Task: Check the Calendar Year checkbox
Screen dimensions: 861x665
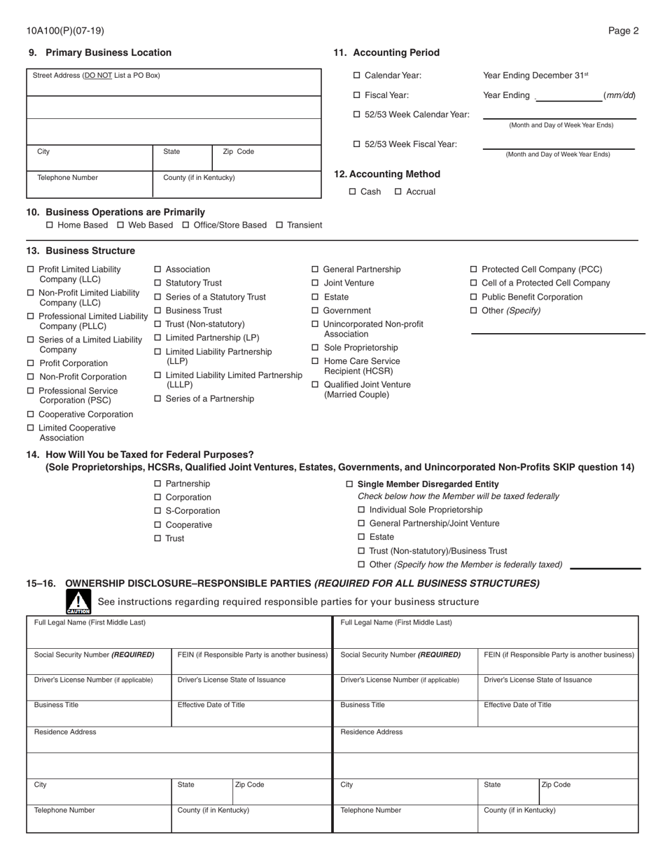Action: click(357, 76)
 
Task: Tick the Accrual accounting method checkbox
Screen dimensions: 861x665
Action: click(398, 192)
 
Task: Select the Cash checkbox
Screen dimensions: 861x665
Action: click(353, 192)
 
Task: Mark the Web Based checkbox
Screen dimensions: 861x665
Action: click(120, 225)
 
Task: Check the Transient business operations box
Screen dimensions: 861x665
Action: click(279, 225)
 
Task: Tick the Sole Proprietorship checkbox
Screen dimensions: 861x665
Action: click(315, 348)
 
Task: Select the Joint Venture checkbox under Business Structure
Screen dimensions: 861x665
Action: click(315, 283)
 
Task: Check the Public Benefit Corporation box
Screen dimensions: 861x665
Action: click(474, 297)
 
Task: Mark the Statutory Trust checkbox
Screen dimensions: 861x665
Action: click(157, 283)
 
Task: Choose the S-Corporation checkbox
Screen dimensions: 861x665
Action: click(157, 511)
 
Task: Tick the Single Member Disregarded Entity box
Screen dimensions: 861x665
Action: click(350, 484)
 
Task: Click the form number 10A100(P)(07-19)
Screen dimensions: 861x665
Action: click(65, 31)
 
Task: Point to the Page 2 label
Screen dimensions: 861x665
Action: click(623, 31)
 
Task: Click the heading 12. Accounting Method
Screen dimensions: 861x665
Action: click(387, 174)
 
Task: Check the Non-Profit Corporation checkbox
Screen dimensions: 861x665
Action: click(30, 377)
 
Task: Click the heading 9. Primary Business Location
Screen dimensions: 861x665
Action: click(99, 52)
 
